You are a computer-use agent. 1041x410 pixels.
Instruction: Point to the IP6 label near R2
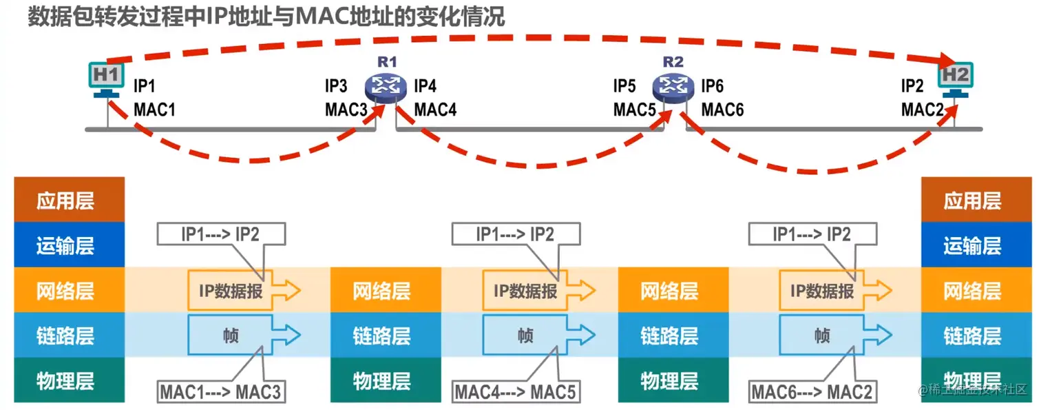(713, 86)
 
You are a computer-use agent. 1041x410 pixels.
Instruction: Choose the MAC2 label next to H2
(923, 110)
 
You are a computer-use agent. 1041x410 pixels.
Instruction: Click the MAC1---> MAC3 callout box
(221, 393)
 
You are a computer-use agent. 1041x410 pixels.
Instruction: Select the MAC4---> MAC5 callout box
(514, 393)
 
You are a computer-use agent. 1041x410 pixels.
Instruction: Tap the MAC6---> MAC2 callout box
(812, 393)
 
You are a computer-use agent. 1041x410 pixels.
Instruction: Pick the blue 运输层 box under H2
(972, 245)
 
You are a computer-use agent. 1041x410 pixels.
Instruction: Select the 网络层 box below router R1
(381, 291)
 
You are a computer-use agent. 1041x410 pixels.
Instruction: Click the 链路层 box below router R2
(669, 336)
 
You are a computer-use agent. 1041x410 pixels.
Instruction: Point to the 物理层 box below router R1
(381, 380)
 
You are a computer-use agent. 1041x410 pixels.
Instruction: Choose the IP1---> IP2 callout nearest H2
(812, 234)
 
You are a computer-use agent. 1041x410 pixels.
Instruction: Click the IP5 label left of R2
(625, 86)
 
